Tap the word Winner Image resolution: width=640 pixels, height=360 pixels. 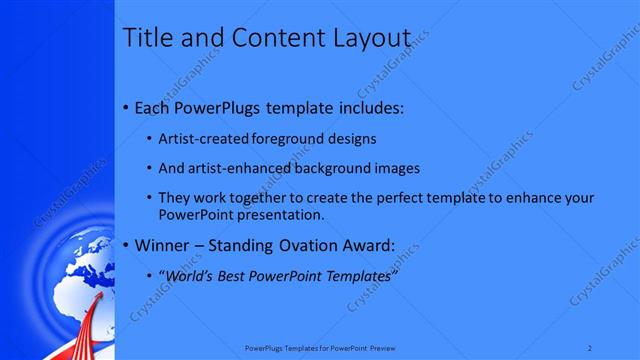[161, 245]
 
